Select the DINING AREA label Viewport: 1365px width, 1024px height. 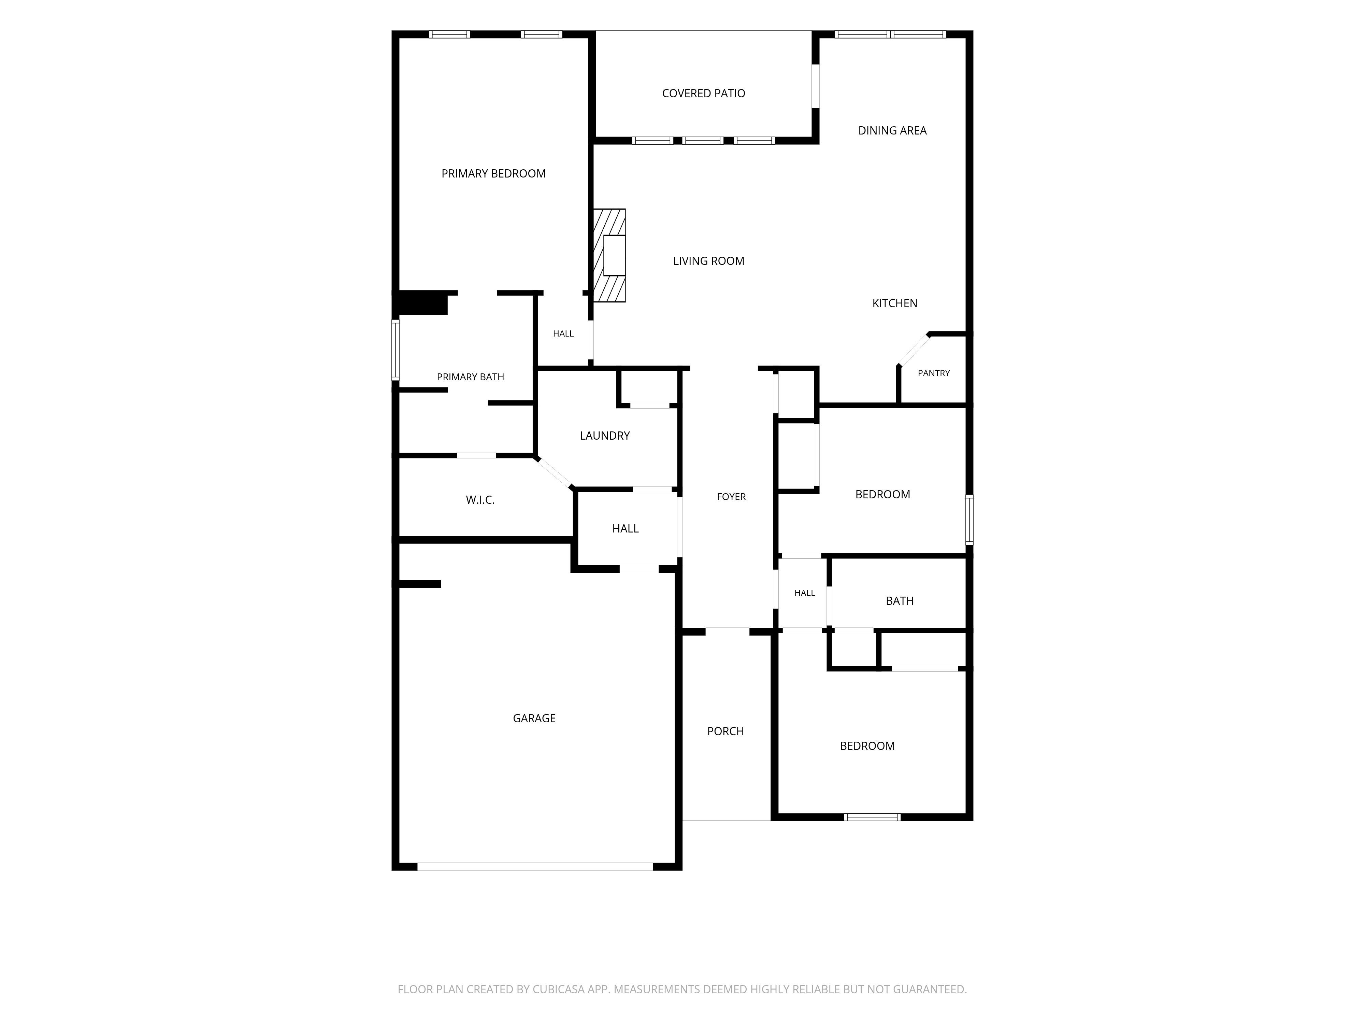(x=892, y=131)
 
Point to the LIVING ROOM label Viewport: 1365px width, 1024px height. (x=708, y=261)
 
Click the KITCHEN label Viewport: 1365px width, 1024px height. (x=895, y=303)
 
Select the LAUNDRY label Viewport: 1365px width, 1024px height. (x=605, y=436)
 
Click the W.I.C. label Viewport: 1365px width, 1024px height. (x=480, y=500)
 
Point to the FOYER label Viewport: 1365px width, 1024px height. (x=731, y=497)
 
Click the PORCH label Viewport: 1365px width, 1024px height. (x=726, y=731)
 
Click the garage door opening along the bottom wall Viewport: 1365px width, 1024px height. (x=535, y=867)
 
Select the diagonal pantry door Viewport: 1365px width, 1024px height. (x=913, y=350)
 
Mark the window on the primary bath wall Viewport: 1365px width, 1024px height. (x=396, y=350)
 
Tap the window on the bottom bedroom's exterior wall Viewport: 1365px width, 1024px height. (x=872, y=817)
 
